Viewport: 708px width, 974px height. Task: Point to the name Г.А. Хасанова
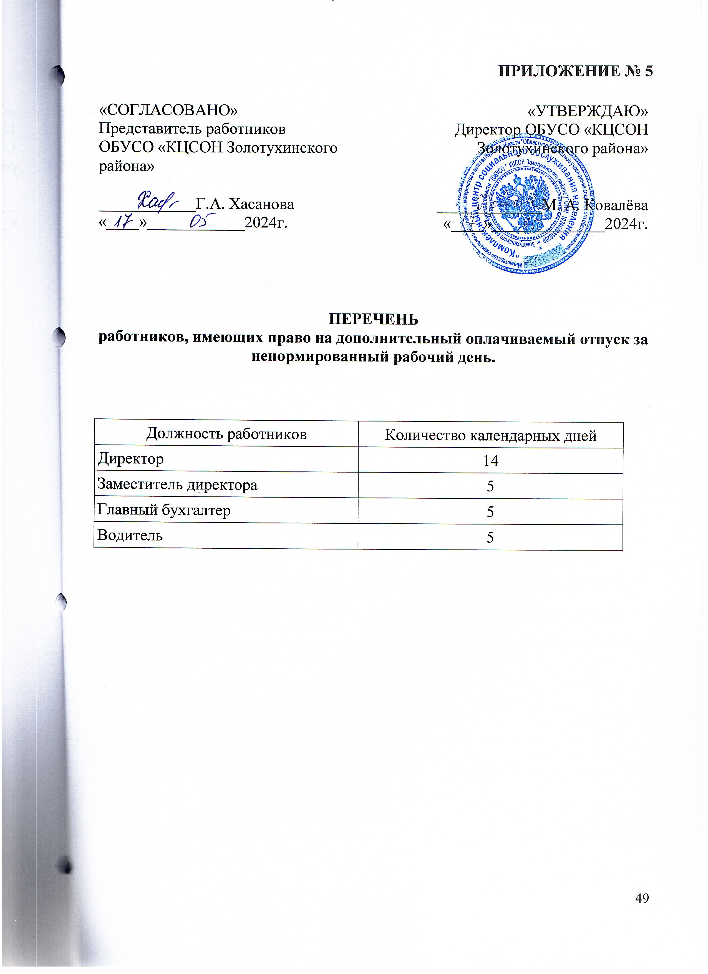pyautogui.click(x=245, y=204)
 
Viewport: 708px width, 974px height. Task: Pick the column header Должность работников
pyautogui.click(x=226, y=434)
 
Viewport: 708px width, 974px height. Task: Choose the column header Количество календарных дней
pyautogui.click(x=490, y=435)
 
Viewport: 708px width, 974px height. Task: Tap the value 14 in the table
pyautogui.click(x=490, y=461)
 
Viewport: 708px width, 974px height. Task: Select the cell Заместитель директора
pyautogui.click(x=177, y=485)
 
